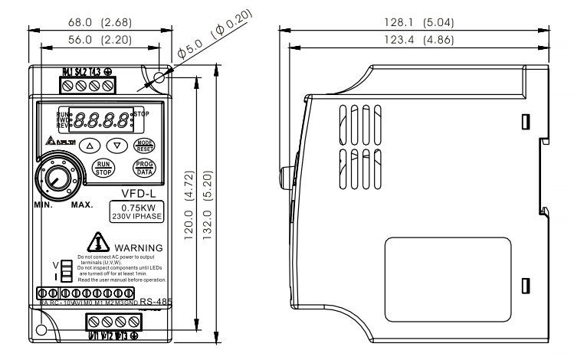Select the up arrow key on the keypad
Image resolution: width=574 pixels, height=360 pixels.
pos(90,144)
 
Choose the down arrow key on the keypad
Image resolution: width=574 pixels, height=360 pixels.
pos(116,144)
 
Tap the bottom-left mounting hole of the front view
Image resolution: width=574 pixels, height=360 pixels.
pos(41,330)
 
